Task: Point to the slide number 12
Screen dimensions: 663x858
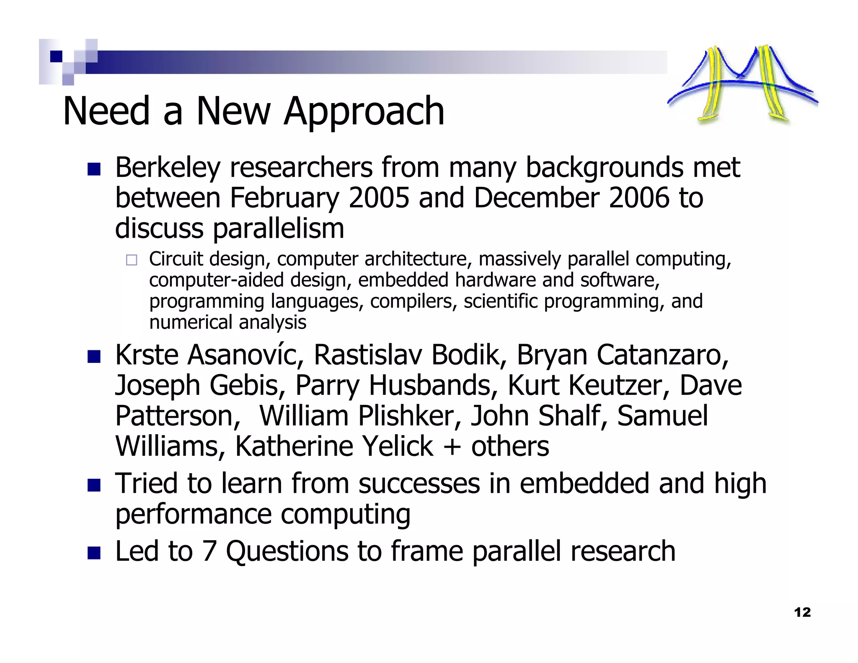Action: [x=802, y=612]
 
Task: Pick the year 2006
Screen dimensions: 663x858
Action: [x=639, y=198]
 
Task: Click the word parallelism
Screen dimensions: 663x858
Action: [x=279, y=229]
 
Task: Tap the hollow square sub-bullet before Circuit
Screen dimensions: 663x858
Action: [x=132, y=260]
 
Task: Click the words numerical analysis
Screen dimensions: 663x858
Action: [x=228, y=322]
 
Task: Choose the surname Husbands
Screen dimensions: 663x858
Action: [x=433, y=386]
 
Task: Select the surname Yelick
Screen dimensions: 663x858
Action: [x=397, y=446]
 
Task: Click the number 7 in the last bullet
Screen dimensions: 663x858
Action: [x=209, y=551]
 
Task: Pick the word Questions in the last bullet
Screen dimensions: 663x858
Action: [x=287, y=551]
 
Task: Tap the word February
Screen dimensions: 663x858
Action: [x=284, y=198]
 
